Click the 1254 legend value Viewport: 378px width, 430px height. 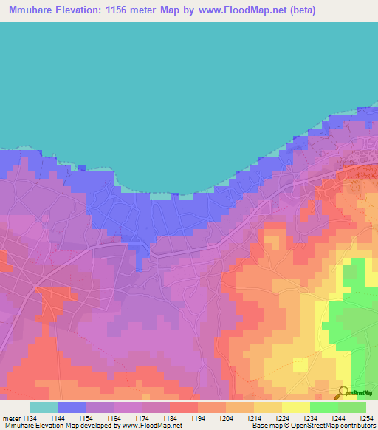[x=366, y=419]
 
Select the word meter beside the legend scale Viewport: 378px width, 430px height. [x=12, y=419]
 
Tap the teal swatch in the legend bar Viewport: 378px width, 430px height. [x=44, y=407]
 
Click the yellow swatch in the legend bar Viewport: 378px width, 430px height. [x=296, y=407]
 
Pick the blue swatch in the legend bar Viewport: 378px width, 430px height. [x=72, y=407]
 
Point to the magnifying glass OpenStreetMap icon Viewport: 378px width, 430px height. [x=343, y=392]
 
